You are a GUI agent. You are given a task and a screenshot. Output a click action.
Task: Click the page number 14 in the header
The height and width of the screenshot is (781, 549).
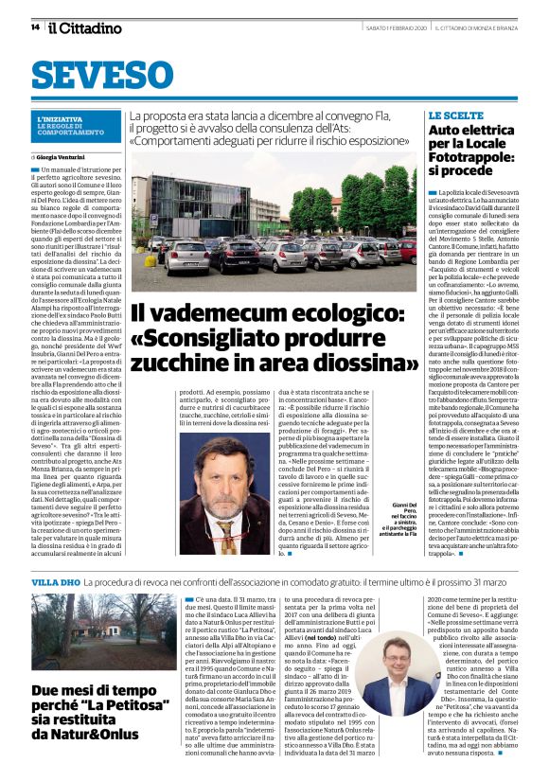point(35,27)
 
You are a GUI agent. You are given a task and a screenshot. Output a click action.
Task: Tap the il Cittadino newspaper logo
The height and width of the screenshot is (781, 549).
point(80,27)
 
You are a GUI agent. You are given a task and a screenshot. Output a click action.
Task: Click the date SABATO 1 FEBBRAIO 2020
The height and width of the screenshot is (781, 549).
point(385,27)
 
